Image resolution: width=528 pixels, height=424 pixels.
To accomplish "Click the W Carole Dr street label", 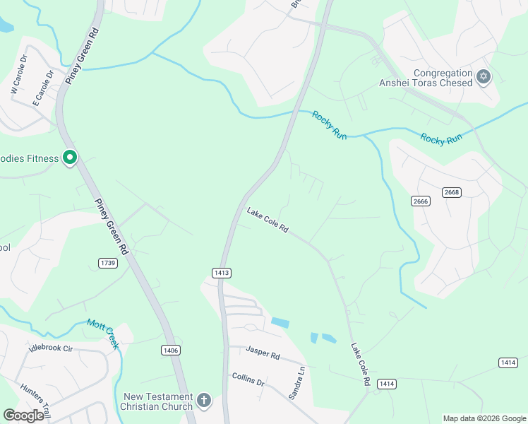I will pos(18,76).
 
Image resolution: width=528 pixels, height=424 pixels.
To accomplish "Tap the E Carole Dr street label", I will pos(43,88).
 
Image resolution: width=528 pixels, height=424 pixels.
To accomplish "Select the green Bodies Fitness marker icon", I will pos(70,158).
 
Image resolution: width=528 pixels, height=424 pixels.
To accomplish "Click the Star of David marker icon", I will pos(484,77).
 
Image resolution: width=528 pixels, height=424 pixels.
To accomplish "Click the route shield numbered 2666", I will pos(421,201).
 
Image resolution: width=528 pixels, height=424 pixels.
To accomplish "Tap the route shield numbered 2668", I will pos(452,192).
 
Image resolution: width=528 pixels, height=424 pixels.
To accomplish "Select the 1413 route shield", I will pos(221,272).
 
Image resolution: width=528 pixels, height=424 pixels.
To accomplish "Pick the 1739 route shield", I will pos(108,263).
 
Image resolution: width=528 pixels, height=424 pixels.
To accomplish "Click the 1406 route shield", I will pos(170,350).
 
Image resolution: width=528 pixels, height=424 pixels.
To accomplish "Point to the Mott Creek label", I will pos(103,334).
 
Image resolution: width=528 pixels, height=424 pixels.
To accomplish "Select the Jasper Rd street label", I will pos(263,351).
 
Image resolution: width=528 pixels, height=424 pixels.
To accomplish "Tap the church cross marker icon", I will pos(204,401).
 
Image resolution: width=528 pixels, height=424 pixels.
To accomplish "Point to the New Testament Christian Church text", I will pos(157,401).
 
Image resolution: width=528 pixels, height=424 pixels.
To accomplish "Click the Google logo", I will pos(23,416).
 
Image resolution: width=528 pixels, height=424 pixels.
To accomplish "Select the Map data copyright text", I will pos(484,418).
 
